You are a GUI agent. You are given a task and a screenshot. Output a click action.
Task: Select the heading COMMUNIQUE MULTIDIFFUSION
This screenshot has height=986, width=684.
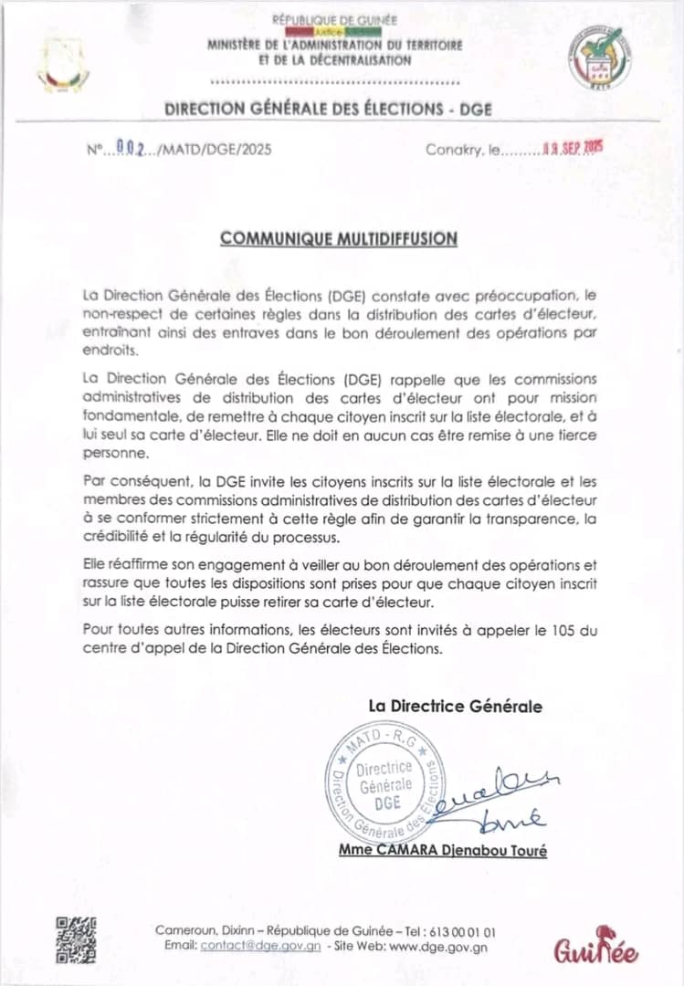(339, 238)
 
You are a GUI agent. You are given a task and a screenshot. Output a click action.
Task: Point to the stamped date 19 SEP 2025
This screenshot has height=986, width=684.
(574, 150)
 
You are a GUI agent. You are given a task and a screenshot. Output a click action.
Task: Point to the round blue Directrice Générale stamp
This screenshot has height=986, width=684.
(384, 780)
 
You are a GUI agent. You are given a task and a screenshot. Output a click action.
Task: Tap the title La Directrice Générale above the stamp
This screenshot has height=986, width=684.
(455, 706)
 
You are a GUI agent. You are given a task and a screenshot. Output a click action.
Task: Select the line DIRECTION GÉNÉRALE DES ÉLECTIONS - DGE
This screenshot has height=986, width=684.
(328, 109)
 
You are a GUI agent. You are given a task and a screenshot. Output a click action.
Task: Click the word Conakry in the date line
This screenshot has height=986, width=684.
(451, 150)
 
